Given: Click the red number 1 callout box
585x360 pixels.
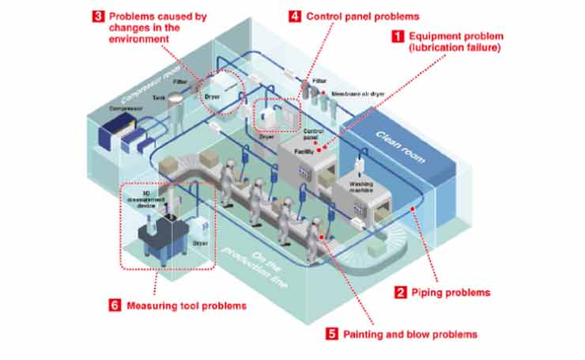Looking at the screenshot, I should coord(398,36).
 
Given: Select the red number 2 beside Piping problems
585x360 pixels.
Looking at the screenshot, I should coord(400,292).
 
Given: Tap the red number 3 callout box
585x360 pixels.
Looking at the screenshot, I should coord(97,15).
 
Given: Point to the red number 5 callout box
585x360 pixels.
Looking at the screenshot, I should coord(332,334).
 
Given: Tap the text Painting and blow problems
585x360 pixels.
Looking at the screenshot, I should coord(410,334).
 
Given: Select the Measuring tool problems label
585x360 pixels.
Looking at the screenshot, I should coord(178,305).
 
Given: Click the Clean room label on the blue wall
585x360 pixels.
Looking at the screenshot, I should coord(398,146).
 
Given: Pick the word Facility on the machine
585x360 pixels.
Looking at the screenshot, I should coord(304,149).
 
